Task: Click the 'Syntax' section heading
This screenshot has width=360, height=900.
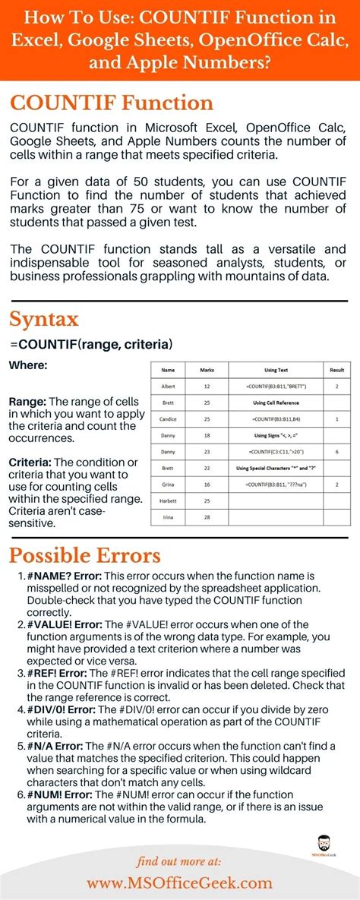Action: pyautogui.click(x=43, y=318)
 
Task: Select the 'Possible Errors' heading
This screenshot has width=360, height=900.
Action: pyautogui.click(x=84, y=555)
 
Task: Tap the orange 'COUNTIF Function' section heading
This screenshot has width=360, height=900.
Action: pyautogui.click(x=112, y=102)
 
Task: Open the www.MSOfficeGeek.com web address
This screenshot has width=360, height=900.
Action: pyautogui.click(x=179, y=883)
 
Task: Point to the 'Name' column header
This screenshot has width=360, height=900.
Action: pyautogui.click(x=169, y=370)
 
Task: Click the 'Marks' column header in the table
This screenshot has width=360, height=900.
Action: pyautogui.click(x=207, y=370)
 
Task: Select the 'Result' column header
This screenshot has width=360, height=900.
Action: pyautogui.click(x=336, y=370)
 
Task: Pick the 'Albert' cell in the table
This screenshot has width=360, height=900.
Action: pyautogui.click(x=169, y=386)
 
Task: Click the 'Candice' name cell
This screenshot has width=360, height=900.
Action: pyautogui.click(x=169, y=418)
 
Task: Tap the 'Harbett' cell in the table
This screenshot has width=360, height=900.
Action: pyautogui.click(x=169, y=501)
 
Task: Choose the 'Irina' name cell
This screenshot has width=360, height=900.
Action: pyautogui.click(x=169, y=517)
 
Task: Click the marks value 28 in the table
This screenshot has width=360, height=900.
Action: pyautogui.click(x=207, y=517)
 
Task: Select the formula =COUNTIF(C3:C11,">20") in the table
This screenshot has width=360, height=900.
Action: pyautogui.click(x=276, y=452)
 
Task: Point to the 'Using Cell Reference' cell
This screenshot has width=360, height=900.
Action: pyautogui.click(x=276, y=403)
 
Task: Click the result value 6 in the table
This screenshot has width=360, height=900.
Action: pyautogui.click(x=336, y=452)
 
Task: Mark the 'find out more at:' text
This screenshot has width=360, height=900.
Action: pyautogui.click(x=179, y=861)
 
